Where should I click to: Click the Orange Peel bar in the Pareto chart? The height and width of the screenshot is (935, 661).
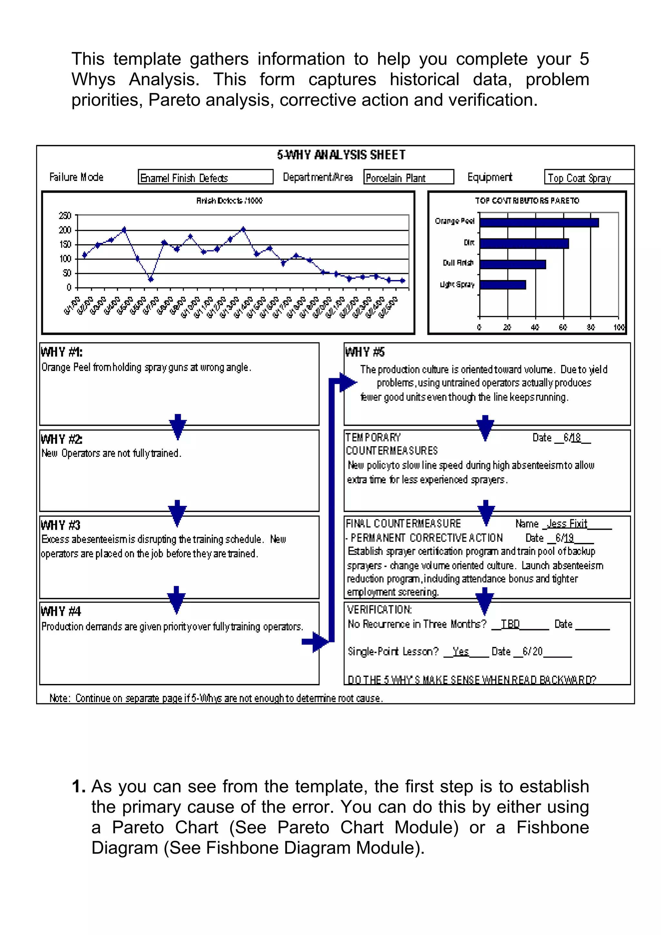click(538, 222)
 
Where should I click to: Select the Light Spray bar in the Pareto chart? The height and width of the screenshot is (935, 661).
click(503, 285)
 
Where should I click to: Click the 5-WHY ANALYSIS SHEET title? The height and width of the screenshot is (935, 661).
click(341, 155)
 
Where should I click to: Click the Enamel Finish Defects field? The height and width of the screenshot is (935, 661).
click(205, 177)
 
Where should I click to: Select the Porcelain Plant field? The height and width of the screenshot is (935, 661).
click(408, 177)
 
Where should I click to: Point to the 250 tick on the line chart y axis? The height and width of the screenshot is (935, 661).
click(65, 216)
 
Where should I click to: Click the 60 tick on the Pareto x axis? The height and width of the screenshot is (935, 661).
click(563, 327)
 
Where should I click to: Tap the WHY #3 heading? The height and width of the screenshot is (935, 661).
click(61, 525)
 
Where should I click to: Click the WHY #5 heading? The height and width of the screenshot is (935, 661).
click(365, 352)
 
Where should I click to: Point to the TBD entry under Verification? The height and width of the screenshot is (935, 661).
click(510, 624)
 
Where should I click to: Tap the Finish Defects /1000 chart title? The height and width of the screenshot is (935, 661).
click(229, 201)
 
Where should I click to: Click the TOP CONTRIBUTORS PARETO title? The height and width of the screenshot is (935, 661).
click(527, 201)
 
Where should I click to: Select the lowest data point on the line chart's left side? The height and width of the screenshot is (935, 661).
click(151, 279)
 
